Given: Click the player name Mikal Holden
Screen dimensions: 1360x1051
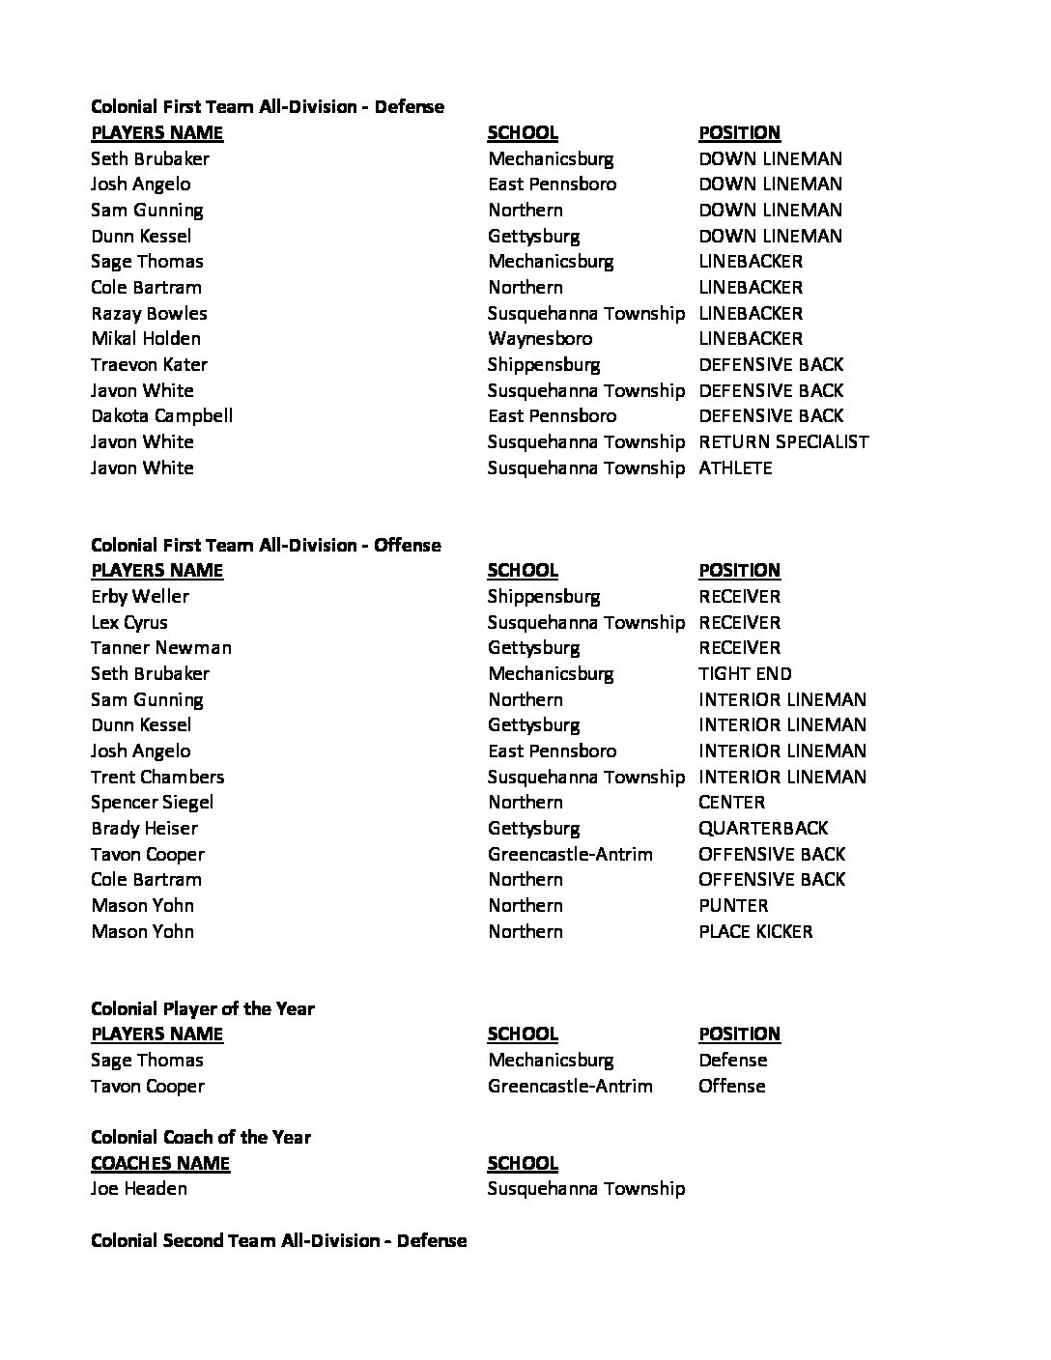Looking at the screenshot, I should pyautogui.click(x=146, y=339).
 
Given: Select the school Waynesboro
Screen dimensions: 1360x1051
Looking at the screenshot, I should pyautogui.click(x=540, y=339).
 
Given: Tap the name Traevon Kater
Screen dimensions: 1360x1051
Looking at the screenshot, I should pyautogui.click(x=149, y=365).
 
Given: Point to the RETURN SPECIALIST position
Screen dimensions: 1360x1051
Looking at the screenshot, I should pyautogui.click(x=783, y=442).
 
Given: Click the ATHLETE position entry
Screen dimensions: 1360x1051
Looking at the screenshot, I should pyautogui.click(x=735, y=468).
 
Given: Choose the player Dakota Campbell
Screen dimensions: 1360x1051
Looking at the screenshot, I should pyautogui.click(x=161, y=416).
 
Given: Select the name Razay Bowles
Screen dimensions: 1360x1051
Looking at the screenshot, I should pyautogui.click(x=149, y=314).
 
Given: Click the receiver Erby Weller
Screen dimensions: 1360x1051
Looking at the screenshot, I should pyautogui.click(x=140, y=597).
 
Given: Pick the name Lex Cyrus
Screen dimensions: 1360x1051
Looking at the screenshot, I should pyautogui.click(x=129, y=623).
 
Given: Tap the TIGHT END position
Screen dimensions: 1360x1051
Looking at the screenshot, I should pyautogui.click(x=745, y=674).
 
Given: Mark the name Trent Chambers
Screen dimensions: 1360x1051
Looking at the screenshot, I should pyautogui.click(x=157, y=778).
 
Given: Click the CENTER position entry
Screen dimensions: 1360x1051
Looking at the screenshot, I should pyautogui.click(x=731, y=803).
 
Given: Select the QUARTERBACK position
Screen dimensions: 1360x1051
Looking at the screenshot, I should pyautogui.click(x=763, y=829).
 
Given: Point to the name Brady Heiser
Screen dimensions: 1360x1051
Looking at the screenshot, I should pyautogui.click(x=144, y=829).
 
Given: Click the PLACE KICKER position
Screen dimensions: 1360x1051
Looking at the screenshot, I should pyautogui.click(x=755, y=932).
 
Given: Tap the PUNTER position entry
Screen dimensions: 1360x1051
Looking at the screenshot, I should pyautogui.click(x=733, y=906).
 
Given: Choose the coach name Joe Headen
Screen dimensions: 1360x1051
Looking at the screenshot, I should pyautogui.click(x=139, y=1189).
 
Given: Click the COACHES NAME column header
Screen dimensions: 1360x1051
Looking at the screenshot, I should pyautogui.click(x=160, y=1164).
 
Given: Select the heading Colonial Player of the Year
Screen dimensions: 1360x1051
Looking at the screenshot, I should pyautogui.click(x=203, y=1009).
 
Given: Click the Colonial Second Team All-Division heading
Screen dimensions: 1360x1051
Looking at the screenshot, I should pyautogui.click(x=278, y=1241).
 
